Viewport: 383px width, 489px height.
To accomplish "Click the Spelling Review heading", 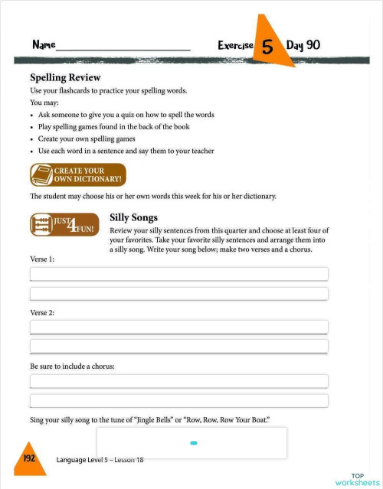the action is [x=65, y=77].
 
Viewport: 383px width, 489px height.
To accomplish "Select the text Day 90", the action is [x=303, y=45].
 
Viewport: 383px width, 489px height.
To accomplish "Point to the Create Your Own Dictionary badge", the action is [x=77, y=175].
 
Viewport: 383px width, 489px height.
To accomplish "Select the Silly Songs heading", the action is [x=134, y=217].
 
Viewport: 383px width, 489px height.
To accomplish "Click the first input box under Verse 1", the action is [x=178, y=274].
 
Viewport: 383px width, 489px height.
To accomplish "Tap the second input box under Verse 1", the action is [x=178, y=294].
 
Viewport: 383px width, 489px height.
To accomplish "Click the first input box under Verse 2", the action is [x=178, y=327].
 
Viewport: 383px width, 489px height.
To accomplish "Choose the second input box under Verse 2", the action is [x=178, y=346].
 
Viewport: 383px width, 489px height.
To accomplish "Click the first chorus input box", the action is [x=178, y=381].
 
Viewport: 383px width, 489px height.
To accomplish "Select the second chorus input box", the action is [x=178, y=400].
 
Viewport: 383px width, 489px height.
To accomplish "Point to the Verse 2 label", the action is [x=42, y=313].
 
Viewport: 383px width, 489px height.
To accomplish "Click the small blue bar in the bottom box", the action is [x=194, y=443].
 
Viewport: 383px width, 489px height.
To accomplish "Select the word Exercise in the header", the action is [x=235, y=46].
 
